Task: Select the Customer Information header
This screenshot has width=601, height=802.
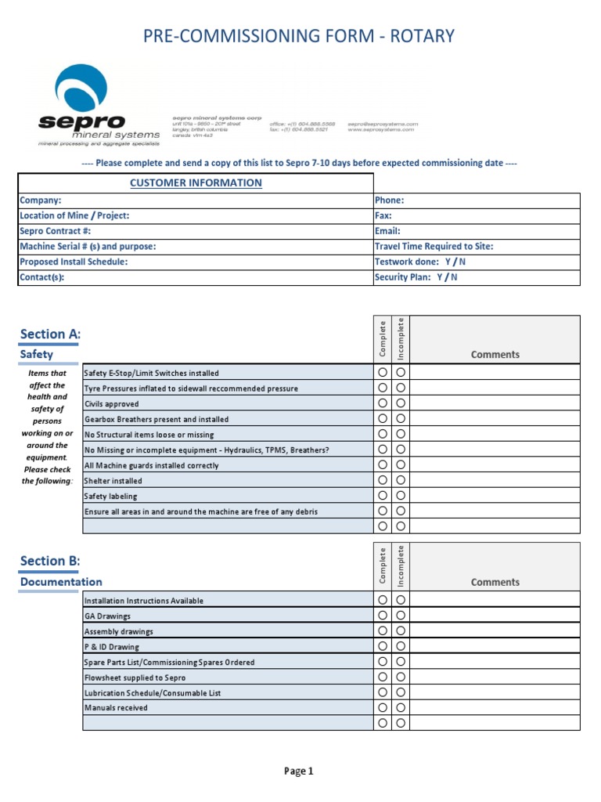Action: pos(196,183)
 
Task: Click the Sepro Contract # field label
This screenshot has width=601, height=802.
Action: pos(56,231)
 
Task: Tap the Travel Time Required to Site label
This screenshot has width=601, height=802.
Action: pos(434,247)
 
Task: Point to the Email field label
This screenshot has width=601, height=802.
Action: pos(388,231)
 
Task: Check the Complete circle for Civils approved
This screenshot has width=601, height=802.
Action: pos(383,403)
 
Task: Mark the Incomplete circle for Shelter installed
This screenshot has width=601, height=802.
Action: pos(401,480)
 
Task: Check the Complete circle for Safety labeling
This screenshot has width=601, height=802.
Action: pos(383,496)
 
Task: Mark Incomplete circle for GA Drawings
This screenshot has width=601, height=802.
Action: pos(401,616)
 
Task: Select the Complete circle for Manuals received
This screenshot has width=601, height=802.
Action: pos(383,707)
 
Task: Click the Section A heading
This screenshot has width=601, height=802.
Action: pos(50,334)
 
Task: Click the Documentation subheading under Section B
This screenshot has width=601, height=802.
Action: pos(61,582)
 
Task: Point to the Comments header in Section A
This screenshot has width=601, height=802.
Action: pos(495,355)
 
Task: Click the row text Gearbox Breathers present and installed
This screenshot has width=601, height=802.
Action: pos(157,420)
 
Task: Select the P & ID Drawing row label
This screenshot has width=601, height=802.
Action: pos(112,647)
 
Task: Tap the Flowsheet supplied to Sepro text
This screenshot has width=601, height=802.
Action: pos(135,677)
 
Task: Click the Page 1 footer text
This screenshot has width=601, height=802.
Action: pos(298,771)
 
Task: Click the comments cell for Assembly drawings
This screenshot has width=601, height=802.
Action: pos(495,630)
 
